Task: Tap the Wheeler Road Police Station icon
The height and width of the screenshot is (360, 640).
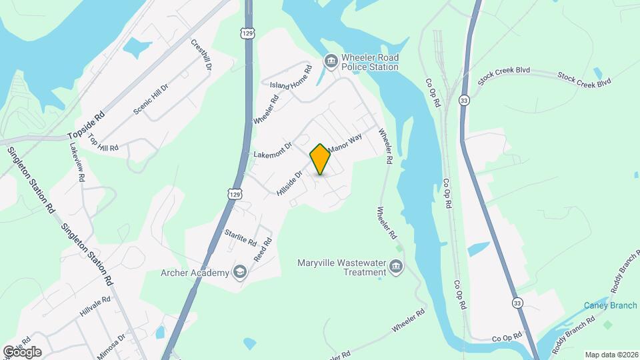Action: tap(331, 62)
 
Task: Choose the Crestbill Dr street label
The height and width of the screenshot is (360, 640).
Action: tap(201, 55)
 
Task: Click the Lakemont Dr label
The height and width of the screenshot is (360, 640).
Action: tap(273, 149)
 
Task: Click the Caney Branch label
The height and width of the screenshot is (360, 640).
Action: tap(611, 306)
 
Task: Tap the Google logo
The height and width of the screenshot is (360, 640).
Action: tap(22, 351)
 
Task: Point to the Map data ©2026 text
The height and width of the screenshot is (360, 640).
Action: tap(611, 354)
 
